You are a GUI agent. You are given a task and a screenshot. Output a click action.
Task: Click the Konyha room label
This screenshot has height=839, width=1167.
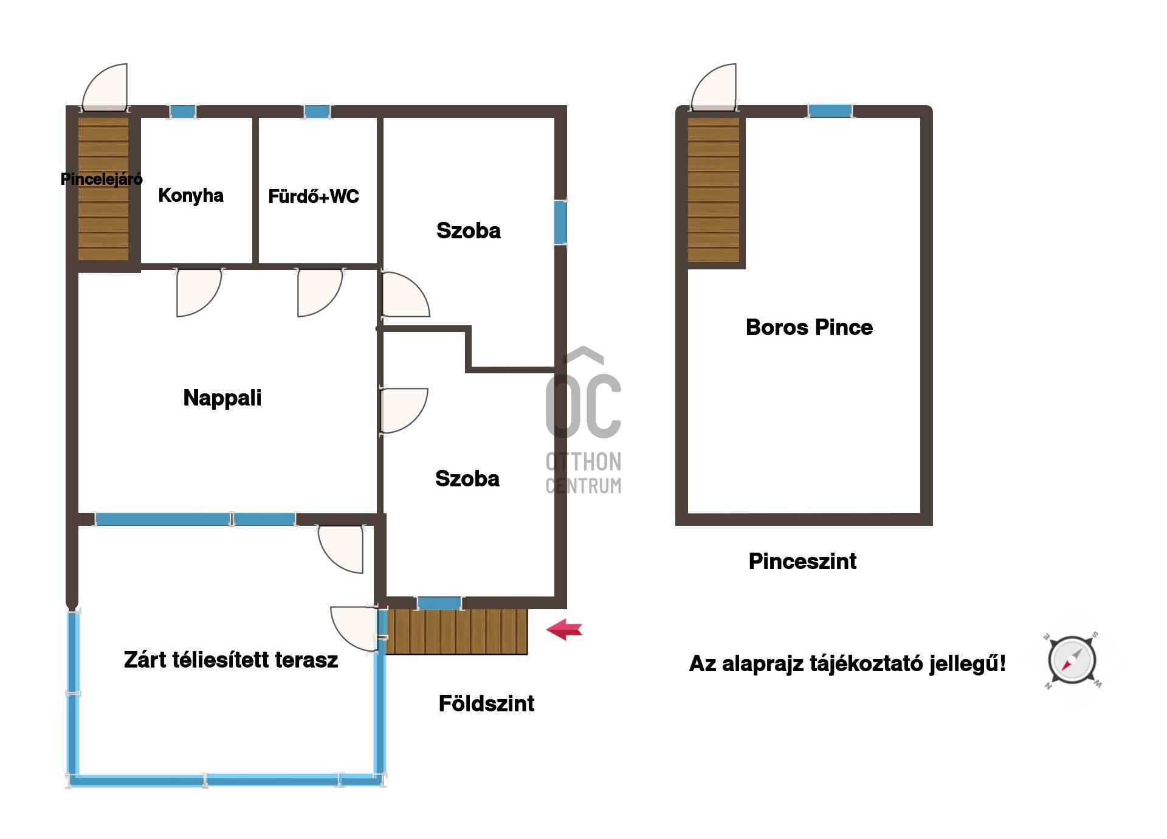click(x=191, y=196)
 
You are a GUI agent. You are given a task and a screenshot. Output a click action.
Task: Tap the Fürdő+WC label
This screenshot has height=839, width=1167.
click(x=314, y=196)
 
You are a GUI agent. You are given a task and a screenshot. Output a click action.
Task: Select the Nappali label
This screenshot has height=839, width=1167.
click(x=222, y=398)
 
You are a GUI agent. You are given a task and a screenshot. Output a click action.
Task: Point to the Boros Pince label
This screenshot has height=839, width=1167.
click(x=809, y=327)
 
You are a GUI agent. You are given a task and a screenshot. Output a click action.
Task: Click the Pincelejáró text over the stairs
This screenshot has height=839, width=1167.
click(x=102, y=179)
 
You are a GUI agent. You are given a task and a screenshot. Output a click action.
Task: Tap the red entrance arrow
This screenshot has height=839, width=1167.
click(x=565, y=629)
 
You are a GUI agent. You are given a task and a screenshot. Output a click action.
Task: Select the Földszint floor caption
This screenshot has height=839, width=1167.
click(x=486, y=703)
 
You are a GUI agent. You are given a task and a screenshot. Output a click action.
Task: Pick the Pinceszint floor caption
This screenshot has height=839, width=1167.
click(x=802, y=561)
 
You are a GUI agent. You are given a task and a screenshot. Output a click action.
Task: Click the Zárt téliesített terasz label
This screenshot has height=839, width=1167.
click(x=231, y=660)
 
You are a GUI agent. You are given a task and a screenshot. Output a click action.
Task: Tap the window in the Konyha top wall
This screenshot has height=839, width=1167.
click(x=182, y=112)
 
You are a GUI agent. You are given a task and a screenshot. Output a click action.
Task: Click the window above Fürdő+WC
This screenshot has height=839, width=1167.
click(x=317, y=112)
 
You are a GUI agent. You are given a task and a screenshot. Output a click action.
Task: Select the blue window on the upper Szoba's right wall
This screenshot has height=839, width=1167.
click(x=560, y=223)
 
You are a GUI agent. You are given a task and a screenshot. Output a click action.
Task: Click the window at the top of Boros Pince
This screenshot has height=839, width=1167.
click(x=830, y=111)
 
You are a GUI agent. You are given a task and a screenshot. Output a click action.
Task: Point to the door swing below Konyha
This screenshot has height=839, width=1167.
click(x=199, y=292)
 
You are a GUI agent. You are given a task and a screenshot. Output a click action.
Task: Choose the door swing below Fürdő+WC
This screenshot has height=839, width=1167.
click(x=320, y=292)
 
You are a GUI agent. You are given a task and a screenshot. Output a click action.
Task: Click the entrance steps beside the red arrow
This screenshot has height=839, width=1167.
click(x=456, y=632)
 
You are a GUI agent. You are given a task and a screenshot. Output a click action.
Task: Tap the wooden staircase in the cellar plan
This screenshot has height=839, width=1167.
click(x=714, y=190)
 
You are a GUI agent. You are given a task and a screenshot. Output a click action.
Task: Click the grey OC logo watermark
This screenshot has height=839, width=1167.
click(x=583, y=420)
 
